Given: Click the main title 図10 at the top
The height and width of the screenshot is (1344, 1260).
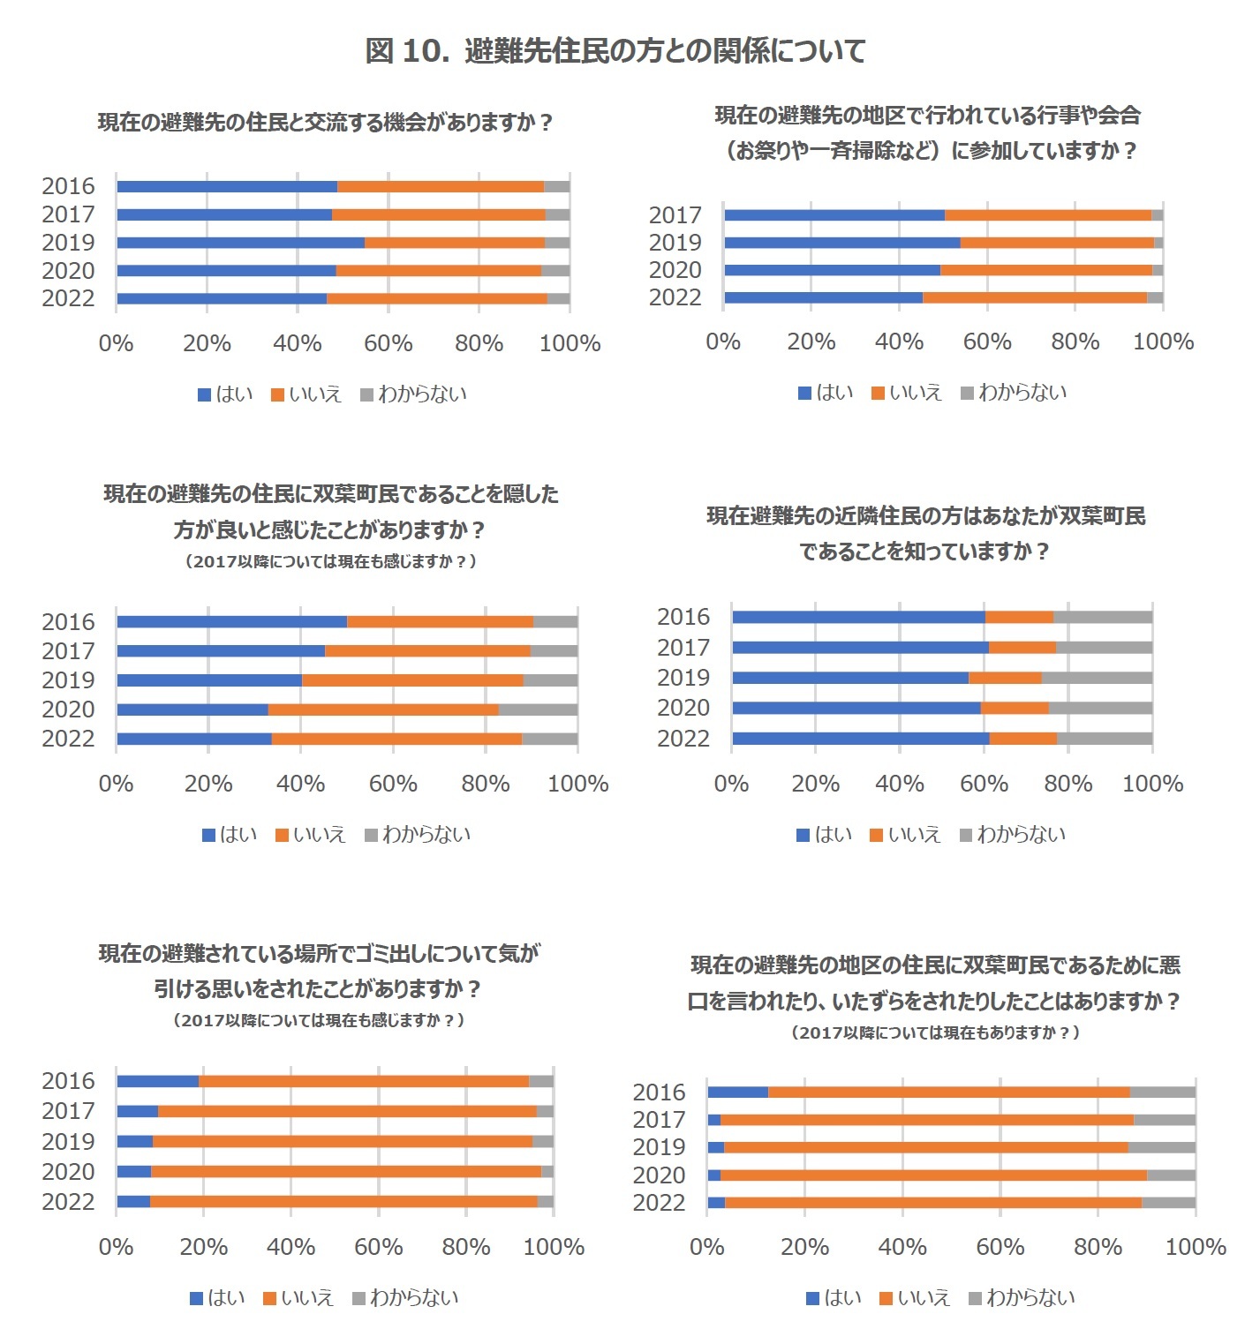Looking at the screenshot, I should tap(615, 51).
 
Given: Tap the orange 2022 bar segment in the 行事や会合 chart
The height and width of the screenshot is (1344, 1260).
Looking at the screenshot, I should tap(1034, 297).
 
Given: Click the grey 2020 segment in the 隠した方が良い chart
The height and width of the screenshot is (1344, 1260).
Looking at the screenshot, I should tap(538, 710).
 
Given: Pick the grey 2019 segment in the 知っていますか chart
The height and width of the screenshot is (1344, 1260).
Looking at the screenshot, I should tap(1097, 678).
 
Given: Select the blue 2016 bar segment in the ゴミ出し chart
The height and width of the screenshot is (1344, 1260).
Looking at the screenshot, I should tap(157, 1081).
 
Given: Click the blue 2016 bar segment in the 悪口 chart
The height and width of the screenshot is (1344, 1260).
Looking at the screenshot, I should tap(737, 1092).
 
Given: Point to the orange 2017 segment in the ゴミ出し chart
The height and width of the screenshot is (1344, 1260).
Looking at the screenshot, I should tap(347, 1111).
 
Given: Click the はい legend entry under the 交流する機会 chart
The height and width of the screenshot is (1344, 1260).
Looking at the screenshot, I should tap(225, 394).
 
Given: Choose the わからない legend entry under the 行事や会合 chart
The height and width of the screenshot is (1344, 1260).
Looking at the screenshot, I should tap(1014, 393).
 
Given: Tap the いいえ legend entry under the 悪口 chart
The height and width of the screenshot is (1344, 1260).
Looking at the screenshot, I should tap(915, 1297).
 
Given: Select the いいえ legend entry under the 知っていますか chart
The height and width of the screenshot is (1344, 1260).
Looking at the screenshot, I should tap(905, 834).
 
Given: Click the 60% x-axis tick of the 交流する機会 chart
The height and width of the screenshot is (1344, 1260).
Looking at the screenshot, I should tap(389, 343).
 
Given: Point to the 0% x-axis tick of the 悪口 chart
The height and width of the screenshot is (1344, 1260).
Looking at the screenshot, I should tap(706, 1247).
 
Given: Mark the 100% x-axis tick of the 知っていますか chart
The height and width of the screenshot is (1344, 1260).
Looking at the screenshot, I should tap(1152, 784).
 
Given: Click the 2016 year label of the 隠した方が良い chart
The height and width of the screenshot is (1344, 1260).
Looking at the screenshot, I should tap(68, 622).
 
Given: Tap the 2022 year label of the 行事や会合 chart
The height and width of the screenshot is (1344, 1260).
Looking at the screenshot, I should tap(675, 297).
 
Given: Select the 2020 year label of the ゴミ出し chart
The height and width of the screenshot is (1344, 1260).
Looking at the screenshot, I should tap(68, 1172).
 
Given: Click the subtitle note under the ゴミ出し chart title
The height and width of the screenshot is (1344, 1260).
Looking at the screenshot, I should tap(318, 1020).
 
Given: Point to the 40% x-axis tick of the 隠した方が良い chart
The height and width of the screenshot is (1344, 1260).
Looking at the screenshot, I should tap(300, 784).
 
